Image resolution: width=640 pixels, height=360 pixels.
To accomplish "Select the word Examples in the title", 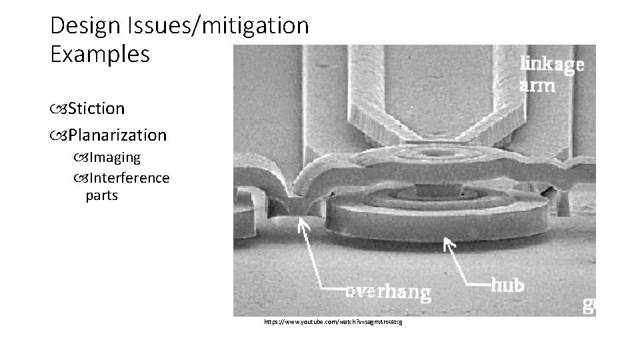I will pyautogui.click(x=100, y=55).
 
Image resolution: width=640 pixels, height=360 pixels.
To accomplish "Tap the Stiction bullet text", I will pyautogui.click(x=96, y=107).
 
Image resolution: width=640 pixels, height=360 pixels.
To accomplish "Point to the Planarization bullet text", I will pyautogui.click(x=117, y=135).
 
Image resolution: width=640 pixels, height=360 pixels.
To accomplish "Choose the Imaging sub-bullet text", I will pyautogui.click(x=115, y=158).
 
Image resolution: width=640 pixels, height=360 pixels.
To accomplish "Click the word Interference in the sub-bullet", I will pyautogui.click(x=129, y=178).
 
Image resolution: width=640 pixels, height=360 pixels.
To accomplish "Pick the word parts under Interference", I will pyautogui.click(x=102, y=196).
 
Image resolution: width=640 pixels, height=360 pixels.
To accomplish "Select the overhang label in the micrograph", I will pyautogui.click(x=387, y=292).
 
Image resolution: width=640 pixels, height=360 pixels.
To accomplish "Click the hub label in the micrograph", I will pyautogui.click(x=507, y=285).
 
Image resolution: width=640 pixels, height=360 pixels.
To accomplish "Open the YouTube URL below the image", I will pyautogui.click(x=333, y=322).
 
